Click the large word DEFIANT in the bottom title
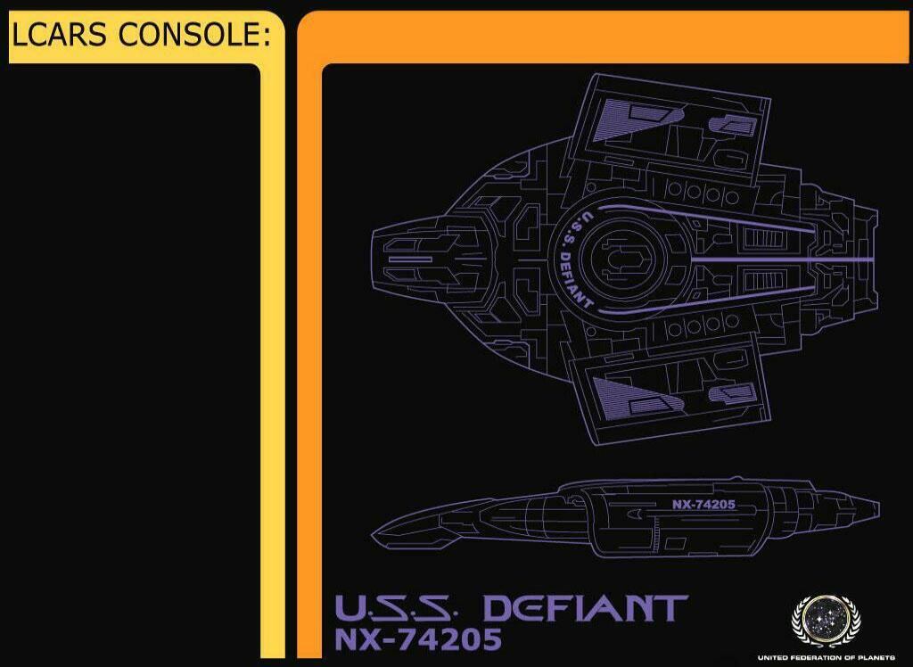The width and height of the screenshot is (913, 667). click(x=585, y=609)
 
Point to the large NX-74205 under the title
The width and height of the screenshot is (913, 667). click(x=418, y=640)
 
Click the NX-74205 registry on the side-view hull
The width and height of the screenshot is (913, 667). click(x=703, y=504)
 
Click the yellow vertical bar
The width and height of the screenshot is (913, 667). click(x=273, y=357)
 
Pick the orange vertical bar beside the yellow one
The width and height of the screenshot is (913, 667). click(x=308, y=357)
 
